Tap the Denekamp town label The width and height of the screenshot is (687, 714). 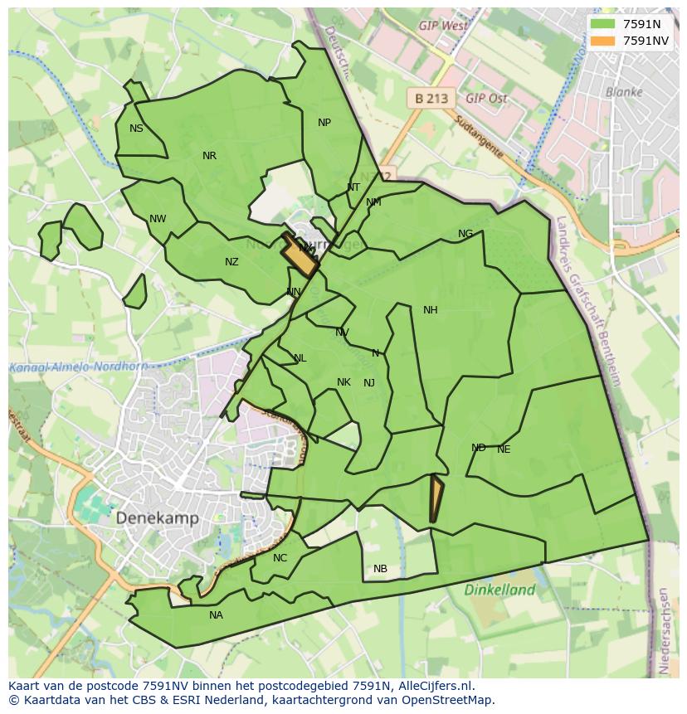pyautogui.click(x=158, y=518)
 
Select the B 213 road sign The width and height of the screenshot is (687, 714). pyautogui.click(x=431, y=99)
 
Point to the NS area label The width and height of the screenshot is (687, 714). pyautogui.click(x=136, y=129)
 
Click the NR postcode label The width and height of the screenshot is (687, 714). pyautogui.click(x=209, y=156)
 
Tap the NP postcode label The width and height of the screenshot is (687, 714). pyautogui.click(x=324, y=123)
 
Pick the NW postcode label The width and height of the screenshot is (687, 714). pyautogui.click(x=158, y=219)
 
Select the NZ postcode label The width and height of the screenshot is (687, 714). pyautogui.click(x=231, y=262)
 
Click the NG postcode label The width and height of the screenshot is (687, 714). pyautogui.click(x=465, y=234)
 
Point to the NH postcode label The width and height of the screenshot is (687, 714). pyautogui.click(x=430, y=310)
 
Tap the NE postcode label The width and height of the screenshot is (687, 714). pyautogui.click(x=504, y=449)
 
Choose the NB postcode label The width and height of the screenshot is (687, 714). pyautogui.click(x=380, y=569)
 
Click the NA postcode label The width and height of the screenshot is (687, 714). pyautogui.click(x=216, y=615)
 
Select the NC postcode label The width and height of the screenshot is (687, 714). pyautogui.click(x=280, y=558)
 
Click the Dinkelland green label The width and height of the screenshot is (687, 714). pyautogui.click(x=499, y=590)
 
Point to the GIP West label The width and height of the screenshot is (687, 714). pyautogui.click(x=443, y=26)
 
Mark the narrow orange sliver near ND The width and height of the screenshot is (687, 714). pyautogui.click(x=436, y=498)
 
